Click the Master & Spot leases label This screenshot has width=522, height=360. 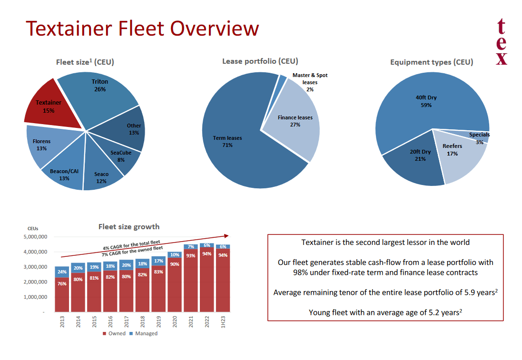pos(310,79)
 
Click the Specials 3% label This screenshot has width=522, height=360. pos(479,138)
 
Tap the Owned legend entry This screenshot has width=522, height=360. pos(114,333)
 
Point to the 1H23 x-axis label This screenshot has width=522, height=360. pos(223,321)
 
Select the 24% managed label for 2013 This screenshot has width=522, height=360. pos(62,272)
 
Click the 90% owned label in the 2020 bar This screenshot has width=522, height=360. pos(175,264)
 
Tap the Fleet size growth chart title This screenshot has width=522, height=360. pos(129,227)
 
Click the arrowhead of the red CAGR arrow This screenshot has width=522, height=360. pos(227,235)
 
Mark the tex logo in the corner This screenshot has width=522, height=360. pos(502,42)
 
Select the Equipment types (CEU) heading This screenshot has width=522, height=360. pos(431,62)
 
